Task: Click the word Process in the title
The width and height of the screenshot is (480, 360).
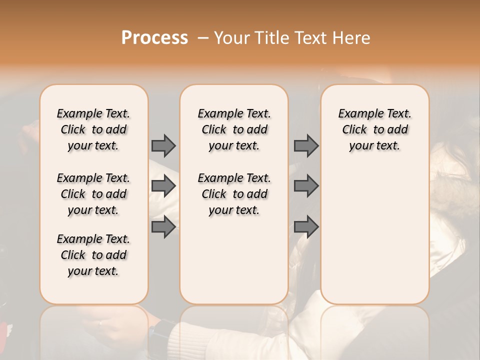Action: [x=154, y=38]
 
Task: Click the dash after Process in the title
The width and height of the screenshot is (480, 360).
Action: [x=202, y=38]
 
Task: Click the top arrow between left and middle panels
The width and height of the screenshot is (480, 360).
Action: [x=163, y=145]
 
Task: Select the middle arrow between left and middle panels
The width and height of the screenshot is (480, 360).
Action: [x=163, y=186]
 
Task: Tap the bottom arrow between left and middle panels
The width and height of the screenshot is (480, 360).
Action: [x=163, y=227]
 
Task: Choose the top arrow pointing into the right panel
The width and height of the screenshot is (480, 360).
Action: [x=306, y=145]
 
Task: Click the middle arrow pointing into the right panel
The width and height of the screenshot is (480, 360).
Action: [x=306, y=186]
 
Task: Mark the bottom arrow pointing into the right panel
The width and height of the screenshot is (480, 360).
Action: [x=306, y=227]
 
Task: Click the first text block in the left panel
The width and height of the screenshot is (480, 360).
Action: [x=93, y=129]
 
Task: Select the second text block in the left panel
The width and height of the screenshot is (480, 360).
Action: [x=93, y=194]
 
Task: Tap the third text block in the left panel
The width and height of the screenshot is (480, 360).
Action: [x=93, y=255]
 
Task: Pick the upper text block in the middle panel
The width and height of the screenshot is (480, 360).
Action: [x=234, y=129]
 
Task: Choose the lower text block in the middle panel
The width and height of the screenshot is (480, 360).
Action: [x=234, y=194]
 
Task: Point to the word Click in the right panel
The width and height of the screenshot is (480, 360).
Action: [x=354, y=130]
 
